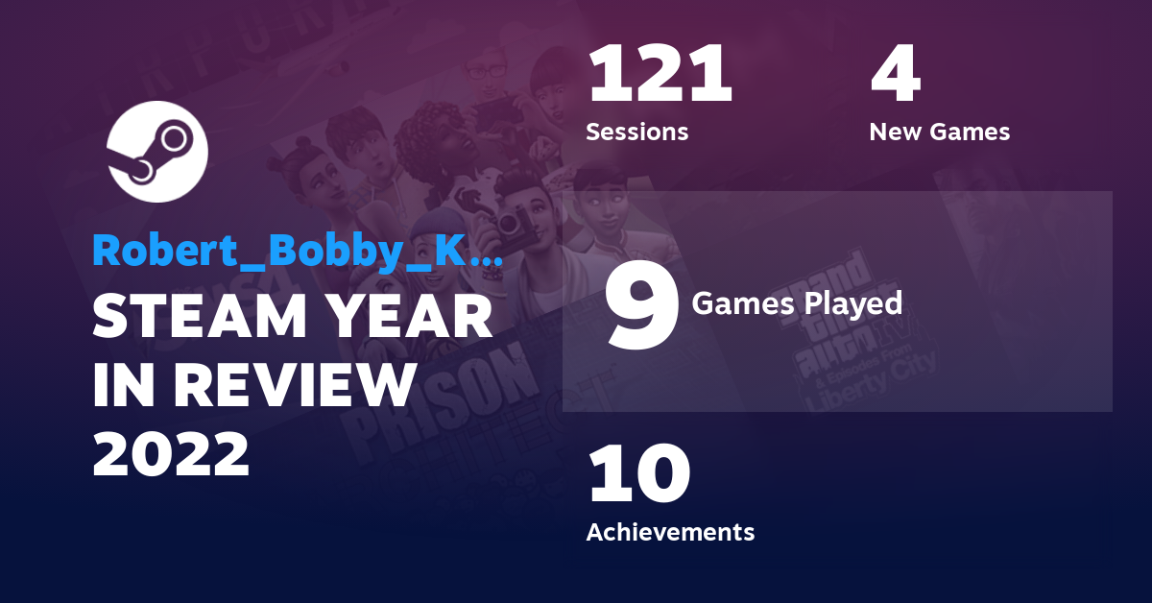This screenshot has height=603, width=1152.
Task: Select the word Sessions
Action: point(636,132)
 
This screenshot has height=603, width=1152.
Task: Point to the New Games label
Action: point(939,132)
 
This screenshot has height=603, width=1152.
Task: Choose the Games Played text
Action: point(797,303)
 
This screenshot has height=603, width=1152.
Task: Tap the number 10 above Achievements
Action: point(638,474)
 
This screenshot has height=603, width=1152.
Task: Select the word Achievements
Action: point(670,531)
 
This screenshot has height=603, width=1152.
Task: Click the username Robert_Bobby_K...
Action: point(297,250)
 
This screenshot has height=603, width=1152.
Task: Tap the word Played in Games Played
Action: point(852,303)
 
